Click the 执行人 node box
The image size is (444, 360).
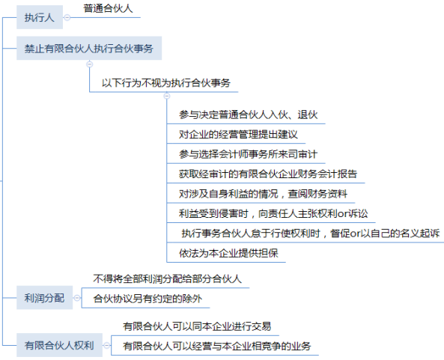(40, 17)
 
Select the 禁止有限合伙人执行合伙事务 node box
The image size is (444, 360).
(89, 48)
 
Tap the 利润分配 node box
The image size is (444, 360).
(45, 298)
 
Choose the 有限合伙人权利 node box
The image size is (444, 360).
(59, 345)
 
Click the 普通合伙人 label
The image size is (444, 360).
(108, 8)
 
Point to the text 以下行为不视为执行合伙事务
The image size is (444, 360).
(166, 83)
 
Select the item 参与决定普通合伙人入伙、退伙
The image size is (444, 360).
(248, 115)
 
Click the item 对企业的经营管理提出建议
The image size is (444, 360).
(238, 135)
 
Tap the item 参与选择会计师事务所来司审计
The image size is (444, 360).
(248, 154)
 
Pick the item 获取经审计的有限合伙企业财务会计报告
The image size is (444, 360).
(268, 174)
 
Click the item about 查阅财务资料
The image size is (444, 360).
(263, 194)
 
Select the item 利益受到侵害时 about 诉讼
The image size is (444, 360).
(273, 213)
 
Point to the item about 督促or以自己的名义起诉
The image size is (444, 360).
(310, 234)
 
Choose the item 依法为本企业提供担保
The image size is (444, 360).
(228, 253)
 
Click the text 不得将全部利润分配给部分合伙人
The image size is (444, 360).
(168, 279)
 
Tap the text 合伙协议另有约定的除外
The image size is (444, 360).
(148, 299)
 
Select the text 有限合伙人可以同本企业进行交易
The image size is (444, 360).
(197, 326)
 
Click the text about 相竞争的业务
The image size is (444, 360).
(217, 346)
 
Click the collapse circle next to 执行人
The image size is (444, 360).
(67, 17)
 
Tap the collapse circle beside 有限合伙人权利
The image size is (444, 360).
(107, 345)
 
